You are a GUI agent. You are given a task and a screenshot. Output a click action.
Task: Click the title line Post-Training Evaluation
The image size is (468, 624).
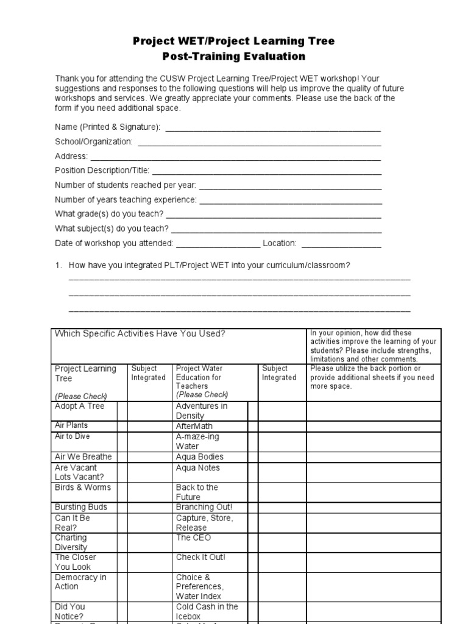coord(234,57)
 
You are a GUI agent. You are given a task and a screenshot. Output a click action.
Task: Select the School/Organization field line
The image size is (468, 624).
coord(260,143)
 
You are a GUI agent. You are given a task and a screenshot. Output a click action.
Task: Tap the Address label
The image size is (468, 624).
coord(71,156)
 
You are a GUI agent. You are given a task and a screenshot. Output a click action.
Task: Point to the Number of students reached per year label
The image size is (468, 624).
coord(126,185)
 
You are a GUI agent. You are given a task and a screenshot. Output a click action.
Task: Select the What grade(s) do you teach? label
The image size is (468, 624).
coord(109,214)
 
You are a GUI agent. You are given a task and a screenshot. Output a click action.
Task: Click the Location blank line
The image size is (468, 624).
coord(341,244)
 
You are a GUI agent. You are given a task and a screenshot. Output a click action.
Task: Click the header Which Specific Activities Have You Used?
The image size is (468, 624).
coord(140,333)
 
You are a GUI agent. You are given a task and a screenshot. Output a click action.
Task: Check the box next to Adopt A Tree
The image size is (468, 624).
coord(122,411)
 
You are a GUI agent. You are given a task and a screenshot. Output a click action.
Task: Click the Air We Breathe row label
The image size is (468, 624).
coord(83,456)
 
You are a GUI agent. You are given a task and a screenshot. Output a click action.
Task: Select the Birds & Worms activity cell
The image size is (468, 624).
coord(83,487)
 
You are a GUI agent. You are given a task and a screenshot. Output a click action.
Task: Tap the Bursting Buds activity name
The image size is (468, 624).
coord(81,507)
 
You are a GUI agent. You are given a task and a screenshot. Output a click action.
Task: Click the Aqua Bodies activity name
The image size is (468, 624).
coord(199,456)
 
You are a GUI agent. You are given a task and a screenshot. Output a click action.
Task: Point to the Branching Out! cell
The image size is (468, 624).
coord(204,507)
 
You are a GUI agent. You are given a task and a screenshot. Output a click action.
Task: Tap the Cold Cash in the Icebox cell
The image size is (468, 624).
coord(207,611)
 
